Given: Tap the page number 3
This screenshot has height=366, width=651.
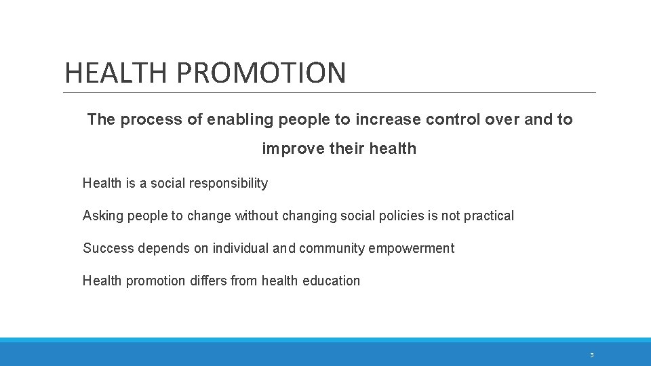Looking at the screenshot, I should click(x=591, y=355).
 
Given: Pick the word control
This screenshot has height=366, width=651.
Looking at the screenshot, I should click(x=453, y=120).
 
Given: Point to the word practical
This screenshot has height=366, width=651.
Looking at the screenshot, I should click(x=488, y=216).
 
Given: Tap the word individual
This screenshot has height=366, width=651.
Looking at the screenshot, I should click(x=241, y=249).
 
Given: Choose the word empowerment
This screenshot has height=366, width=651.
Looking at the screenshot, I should click(x=412, y=249).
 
